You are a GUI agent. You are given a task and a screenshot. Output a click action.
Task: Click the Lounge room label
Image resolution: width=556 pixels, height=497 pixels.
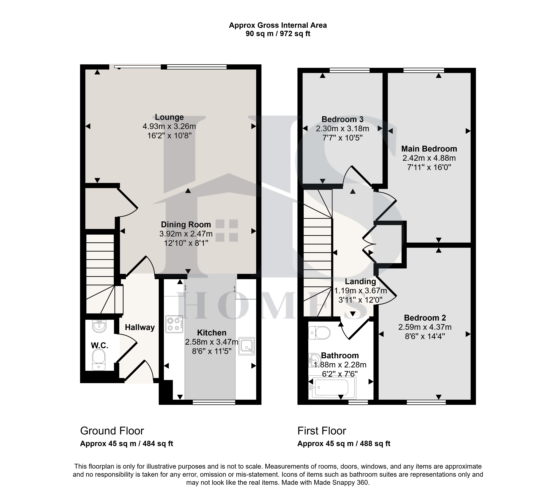click(169, 117)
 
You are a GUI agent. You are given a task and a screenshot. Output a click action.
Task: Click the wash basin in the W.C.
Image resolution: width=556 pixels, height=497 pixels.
click(99, 326)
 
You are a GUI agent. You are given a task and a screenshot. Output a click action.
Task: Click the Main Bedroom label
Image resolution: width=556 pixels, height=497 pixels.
click(429, 149)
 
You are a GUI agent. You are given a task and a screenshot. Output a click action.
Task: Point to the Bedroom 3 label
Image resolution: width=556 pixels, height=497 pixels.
click(342, 119)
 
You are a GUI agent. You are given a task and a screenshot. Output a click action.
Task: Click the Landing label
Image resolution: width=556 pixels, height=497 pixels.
click(360, 281)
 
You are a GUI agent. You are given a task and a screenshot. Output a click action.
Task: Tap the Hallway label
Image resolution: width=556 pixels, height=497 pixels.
click(140, 327)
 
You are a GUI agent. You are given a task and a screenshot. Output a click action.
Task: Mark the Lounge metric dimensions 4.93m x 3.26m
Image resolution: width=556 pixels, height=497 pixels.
click(169, 126)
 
